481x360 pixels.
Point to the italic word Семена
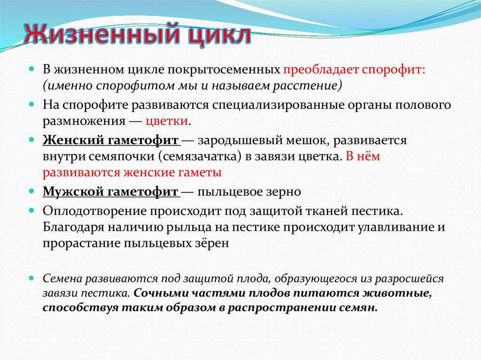(x=62, y=278)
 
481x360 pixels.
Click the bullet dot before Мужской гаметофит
(x=32, y=191)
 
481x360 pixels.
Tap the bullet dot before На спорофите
(x=32, y=104)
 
